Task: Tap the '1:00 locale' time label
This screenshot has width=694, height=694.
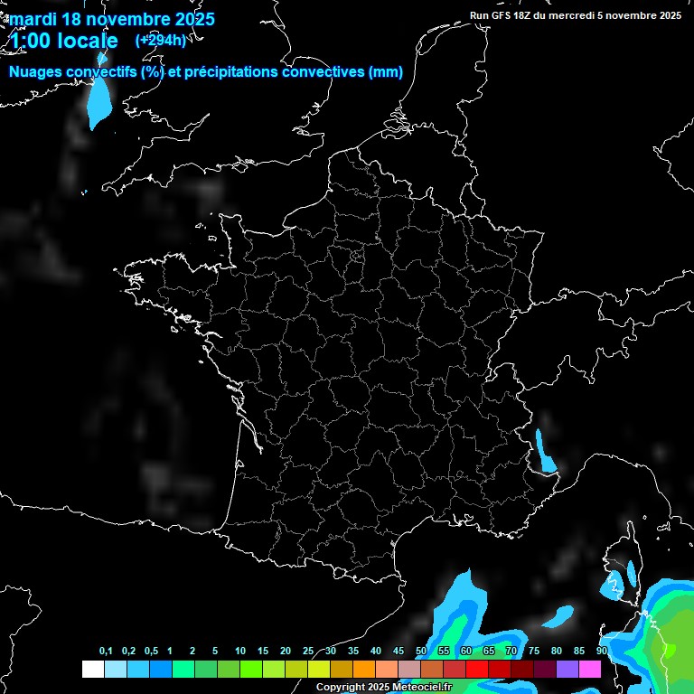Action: [63, 42]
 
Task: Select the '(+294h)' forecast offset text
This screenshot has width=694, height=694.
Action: [161, 41]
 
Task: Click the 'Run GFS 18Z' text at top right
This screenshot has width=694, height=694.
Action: [506, 14]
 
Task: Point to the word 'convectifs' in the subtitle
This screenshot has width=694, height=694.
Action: [105, 72]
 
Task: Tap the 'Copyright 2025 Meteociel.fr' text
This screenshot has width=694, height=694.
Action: [384, 688]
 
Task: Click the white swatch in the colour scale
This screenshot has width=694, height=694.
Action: [92, 670]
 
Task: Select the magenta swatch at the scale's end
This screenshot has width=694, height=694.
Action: [589, 670]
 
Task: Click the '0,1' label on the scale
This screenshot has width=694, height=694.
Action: [106, 652]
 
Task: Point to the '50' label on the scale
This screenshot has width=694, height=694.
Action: [421, 652]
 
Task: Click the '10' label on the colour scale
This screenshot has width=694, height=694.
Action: [240, 652]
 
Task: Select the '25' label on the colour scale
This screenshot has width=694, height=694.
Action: [308, 652]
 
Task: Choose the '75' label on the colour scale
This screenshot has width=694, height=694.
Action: [534, 652]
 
